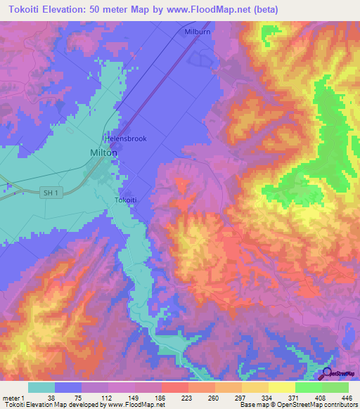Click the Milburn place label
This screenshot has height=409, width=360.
click(198, 32)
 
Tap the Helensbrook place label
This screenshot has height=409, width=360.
click(126, 138)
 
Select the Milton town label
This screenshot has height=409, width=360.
click(104, 152)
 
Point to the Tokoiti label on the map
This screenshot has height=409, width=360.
click(128, 200)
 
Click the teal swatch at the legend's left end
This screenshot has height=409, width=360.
click(41, 387)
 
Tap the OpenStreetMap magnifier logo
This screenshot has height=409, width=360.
click(328, 375)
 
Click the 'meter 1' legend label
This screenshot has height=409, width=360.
click(15, 397)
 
